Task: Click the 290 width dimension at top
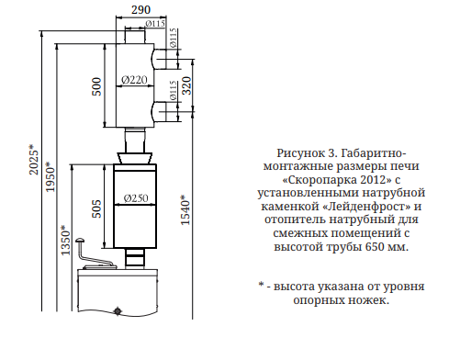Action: tap(139, 8)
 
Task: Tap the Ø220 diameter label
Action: tap(134, 81)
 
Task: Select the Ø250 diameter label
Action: tap(135, 198)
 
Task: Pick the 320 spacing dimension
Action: tap(186, 89)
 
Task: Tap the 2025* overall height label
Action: tap(34, 160)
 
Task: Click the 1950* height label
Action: tap(51, 180)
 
